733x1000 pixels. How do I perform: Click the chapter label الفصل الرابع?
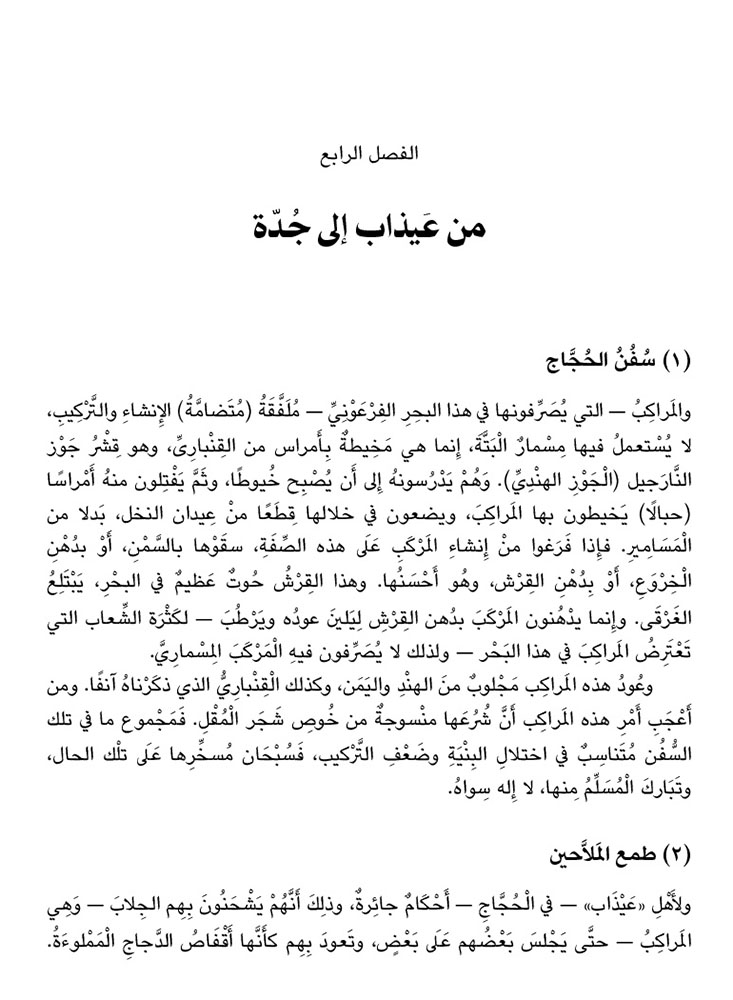click(366, 156)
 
